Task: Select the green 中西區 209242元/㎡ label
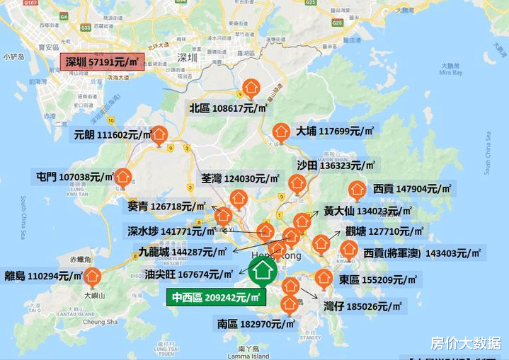[215, 297]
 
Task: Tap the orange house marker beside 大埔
[280, 132]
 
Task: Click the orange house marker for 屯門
[124, 176]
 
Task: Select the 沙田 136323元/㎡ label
[336, 165]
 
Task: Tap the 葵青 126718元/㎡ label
[167, 207]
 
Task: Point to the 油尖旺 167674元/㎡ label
[188, 274]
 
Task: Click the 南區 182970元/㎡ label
[251, 325]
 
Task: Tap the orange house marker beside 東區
[324, 278]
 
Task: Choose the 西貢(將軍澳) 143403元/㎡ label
[422, 252]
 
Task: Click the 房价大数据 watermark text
[460, 343]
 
